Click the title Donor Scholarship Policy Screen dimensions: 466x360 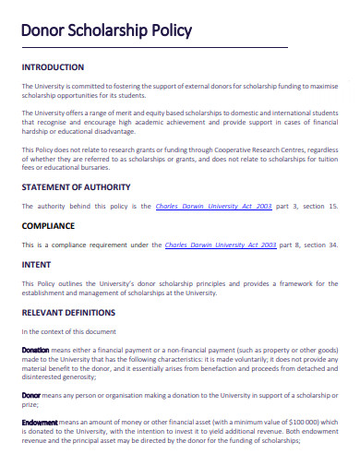pos(106,30)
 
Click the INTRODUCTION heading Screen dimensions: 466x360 pos(53,67)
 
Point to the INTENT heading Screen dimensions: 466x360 pos(36,265)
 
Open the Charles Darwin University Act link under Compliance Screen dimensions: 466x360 pos(220,245)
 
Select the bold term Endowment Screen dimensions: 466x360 pos(40,421)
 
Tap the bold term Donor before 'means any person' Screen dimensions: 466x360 pos(30,394)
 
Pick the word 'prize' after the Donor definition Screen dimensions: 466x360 pos(30,403)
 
